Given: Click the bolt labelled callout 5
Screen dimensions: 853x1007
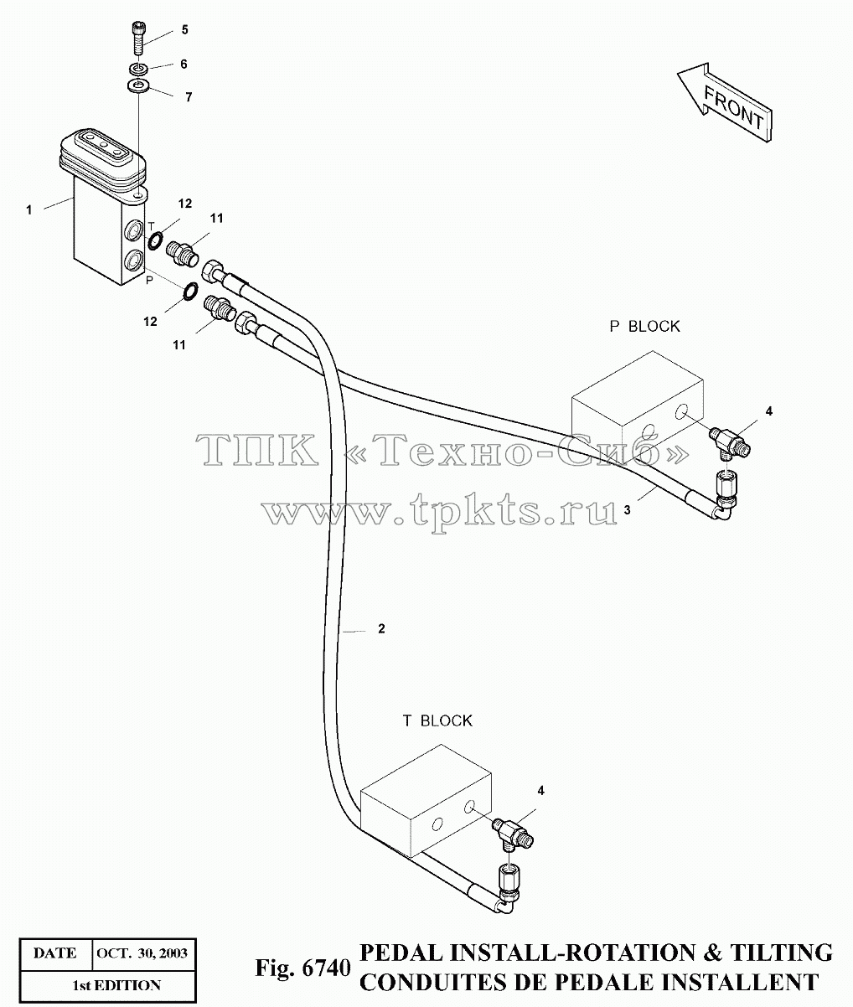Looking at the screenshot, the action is point(139,39).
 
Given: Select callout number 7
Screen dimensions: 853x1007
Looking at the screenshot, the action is point(189,97).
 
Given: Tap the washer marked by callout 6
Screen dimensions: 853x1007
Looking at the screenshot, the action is point(138,68).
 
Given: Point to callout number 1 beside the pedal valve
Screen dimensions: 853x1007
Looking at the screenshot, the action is point(29,210).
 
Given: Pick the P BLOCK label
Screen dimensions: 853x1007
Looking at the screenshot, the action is point(644,326).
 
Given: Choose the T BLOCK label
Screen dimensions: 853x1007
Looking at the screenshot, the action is point(437,720).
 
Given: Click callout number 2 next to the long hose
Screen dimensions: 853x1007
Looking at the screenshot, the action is point(381,629).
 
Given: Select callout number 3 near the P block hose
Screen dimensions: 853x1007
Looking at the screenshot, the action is point(627,510).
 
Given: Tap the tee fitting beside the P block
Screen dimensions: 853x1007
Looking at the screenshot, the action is point(730,441).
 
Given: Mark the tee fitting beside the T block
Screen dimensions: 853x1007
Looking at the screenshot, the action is point(513,833).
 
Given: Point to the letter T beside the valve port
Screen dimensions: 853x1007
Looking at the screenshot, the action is point(151,226).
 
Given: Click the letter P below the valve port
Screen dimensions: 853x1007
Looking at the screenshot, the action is point(149,280).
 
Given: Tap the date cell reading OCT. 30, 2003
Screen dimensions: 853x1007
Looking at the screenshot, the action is point(142,953).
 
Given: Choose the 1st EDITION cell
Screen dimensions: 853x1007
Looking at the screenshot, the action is point(116,985).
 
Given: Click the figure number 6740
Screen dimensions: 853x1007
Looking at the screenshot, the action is point(326,968).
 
